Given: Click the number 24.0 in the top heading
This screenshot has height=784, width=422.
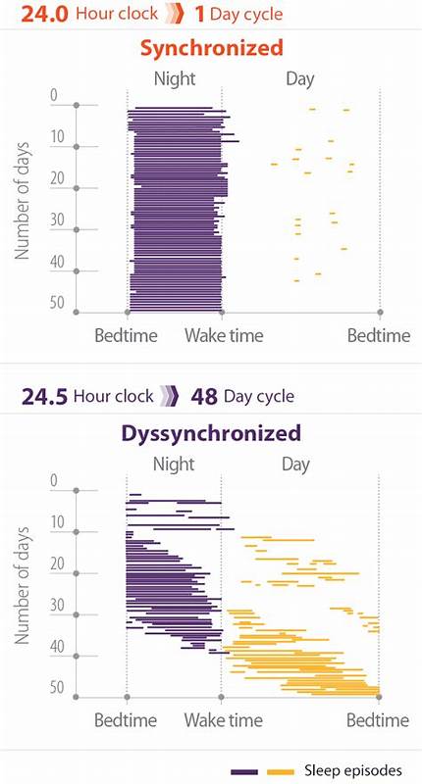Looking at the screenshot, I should click(28, 14).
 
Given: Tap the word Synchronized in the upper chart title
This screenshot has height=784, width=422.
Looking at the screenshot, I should click(211, 48).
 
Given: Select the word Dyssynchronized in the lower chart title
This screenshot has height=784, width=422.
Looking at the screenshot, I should click(211, 432).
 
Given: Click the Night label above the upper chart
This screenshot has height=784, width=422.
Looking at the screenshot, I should click(175, 77).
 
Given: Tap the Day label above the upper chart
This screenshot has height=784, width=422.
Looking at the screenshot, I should click(299, 77).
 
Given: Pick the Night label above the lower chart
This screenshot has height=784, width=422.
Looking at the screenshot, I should click(175, 462).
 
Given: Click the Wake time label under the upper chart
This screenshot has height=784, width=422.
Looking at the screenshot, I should click(224, 335).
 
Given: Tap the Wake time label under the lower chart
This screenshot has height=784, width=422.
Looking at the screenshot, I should click(224, 720).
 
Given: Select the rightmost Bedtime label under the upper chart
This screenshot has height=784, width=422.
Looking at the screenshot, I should click(379, 335).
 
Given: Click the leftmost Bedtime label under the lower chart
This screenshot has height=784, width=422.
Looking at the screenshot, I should click(126, 720).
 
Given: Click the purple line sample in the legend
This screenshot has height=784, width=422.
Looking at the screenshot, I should click(244, 771).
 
